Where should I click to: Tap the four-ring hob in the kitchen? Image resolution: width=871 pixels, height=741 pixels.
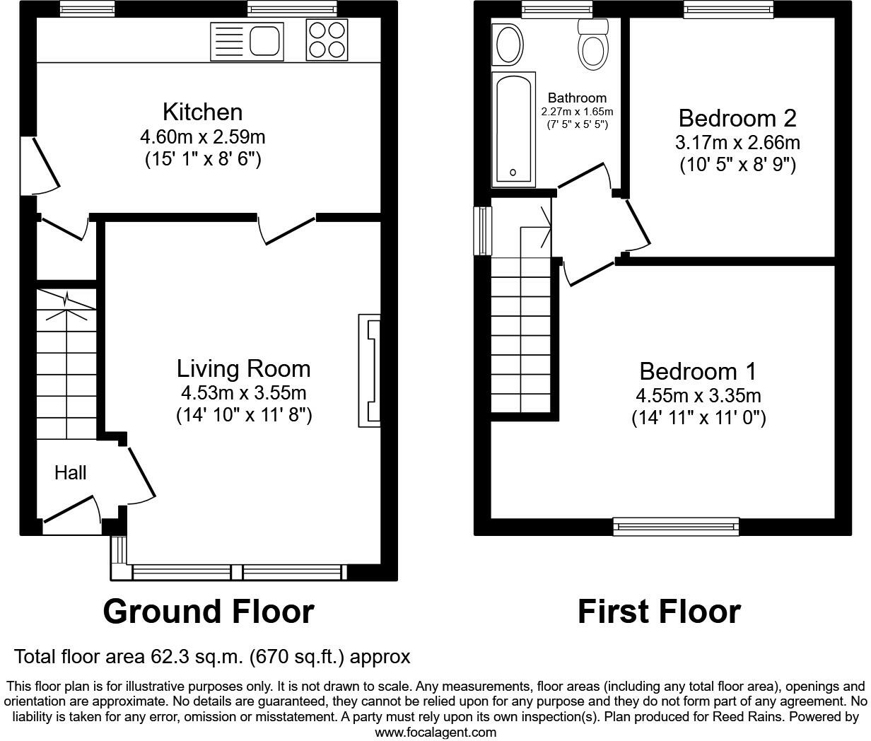point(327,40)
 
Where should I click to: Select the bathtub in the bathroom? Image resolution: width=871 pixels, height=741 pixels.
point(513,129)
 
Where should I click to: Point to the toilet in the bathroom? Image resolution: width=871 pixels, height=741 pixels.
point(593,45)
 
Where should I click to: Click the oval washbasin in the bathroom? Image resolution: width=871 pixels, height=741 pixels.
point(508,45)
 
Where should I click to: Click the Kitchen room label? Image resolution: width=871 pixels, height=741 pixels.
point(203,112)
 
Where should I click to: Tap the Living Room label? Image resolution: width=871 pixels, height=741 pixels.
point(244,369)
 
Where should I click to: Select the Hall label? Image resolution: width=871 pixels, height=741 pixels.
point(71,473)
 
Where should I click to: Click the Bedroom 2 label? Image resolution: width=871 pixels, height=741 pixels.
point(737,118)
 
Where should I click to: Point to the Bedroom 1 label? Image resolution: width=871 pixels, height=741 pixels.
point(698,371)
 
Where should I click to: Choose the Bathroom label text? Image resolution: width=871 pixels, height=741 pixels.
point(578,98)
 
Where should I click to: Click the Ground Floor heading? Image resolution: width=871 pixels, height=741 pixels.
point(209,612)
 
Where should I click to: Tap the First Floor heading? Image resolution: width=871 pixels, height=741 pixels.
point(659,612)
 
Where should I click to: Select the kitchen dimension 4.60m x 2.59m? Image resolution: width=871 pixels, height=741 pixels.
point(203,137)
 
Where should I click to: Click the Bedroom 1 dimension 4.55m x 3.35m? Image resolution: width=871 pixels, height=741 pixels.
point(698,396)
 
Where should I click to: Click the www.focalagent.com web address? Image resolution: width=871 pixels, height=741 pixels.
point(435,733)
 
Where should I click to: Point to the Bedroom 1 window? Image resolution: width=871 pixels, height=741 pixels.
point(676,527)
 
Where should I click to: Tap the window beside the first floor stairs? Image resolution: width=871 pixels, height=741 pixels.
point(483,231)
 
